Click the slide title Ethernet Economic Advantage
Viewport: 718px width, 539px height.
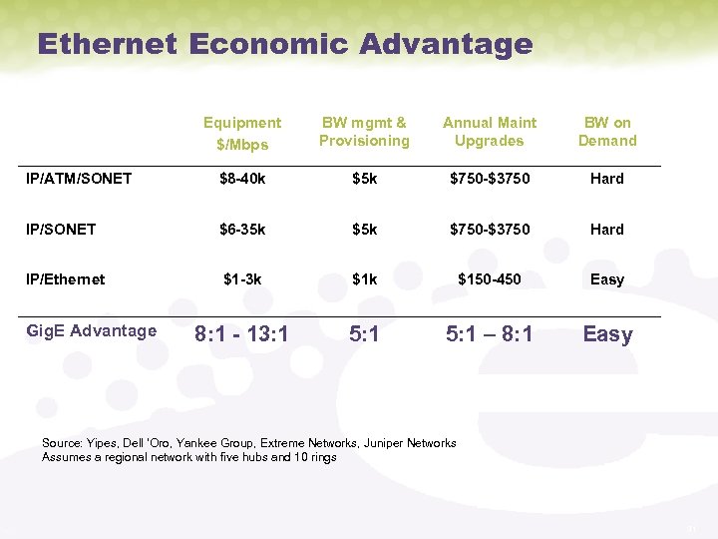[284, 44]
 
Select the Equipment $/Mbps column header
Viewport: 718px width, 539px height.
[242, 133]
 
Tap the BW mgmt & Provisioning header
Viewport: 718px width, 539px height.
[364, 132]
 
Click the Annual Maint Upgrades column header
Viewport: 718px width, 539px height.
[489, 132]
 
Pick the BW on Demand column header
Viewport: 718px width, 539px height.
[607, 132]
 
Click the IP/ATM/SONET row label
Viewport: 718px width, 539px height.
[79, 179]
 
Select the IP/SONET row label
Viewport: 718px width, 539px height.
[62, 230]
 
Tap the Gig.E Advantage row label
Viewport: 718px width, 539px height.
[91, 331]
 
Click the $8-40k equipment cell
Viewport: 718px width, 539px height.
[241, 179]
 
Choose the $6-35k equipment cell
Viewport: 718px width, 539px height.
[241, 230]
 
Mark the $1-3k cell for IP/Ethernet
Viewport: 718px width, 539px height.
[241, 279]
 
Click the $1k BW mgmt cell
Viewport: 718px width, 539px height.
[364, 279]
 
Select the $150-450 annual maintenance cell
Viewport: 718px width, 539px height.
[489, 279]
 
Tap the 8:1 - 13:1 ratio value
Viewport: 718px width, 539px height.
[241, 334]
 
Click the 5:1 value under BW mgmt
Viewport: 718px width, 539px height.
[364, 334]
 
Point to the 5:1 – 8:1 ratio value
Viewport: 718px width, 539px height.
[489, 334]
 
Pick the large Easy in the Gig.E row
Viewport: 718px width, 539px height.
[607, 334]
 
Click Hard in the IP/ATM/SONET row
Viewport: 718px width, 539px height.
[606, 179]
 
